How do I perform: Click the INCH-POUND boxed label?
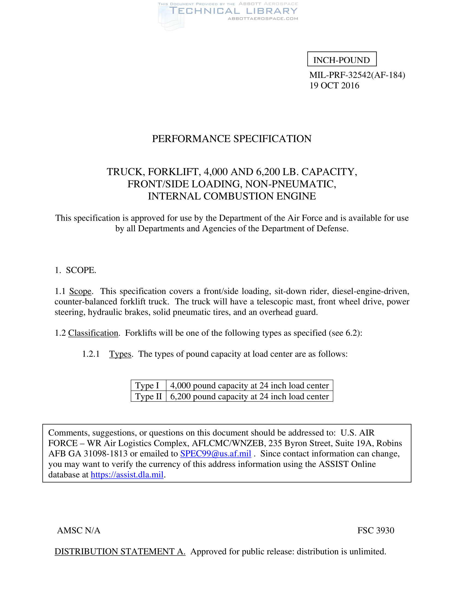[341, 60]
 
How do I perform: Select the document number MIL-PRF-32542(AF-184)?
[357, 75]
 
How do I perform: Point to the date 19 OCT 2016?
[334, 85]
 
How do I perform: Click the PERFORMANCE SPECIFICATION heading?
[232, 139]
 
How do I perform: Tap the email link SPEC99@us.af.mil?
[216, 454]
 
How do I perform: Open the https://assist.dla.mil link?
[127, 475]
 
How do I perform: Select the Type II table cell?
[148, 397]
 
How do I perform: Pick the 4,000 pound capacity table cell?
[249, 385]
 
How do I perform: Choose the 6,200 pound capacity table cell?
[249, 397]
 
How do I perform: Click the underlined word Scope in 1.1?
[80, 291]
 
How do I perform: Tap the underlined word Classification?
[93, 333]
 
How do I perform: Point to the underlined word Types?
[120, 354]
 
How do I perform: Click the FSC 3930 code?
[376, 530]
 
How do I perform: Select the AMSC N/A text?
[79, 530]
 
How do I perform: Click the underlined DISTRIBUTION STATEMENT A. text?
[120, 551]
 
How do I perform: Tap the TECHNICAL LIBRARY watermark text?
[233, 11]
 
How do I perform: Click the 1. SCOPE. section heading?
[75, 270]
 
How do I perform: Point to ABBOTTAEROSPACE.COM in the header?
[263, 19]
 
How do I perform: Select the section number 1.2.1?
[91, 354]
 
